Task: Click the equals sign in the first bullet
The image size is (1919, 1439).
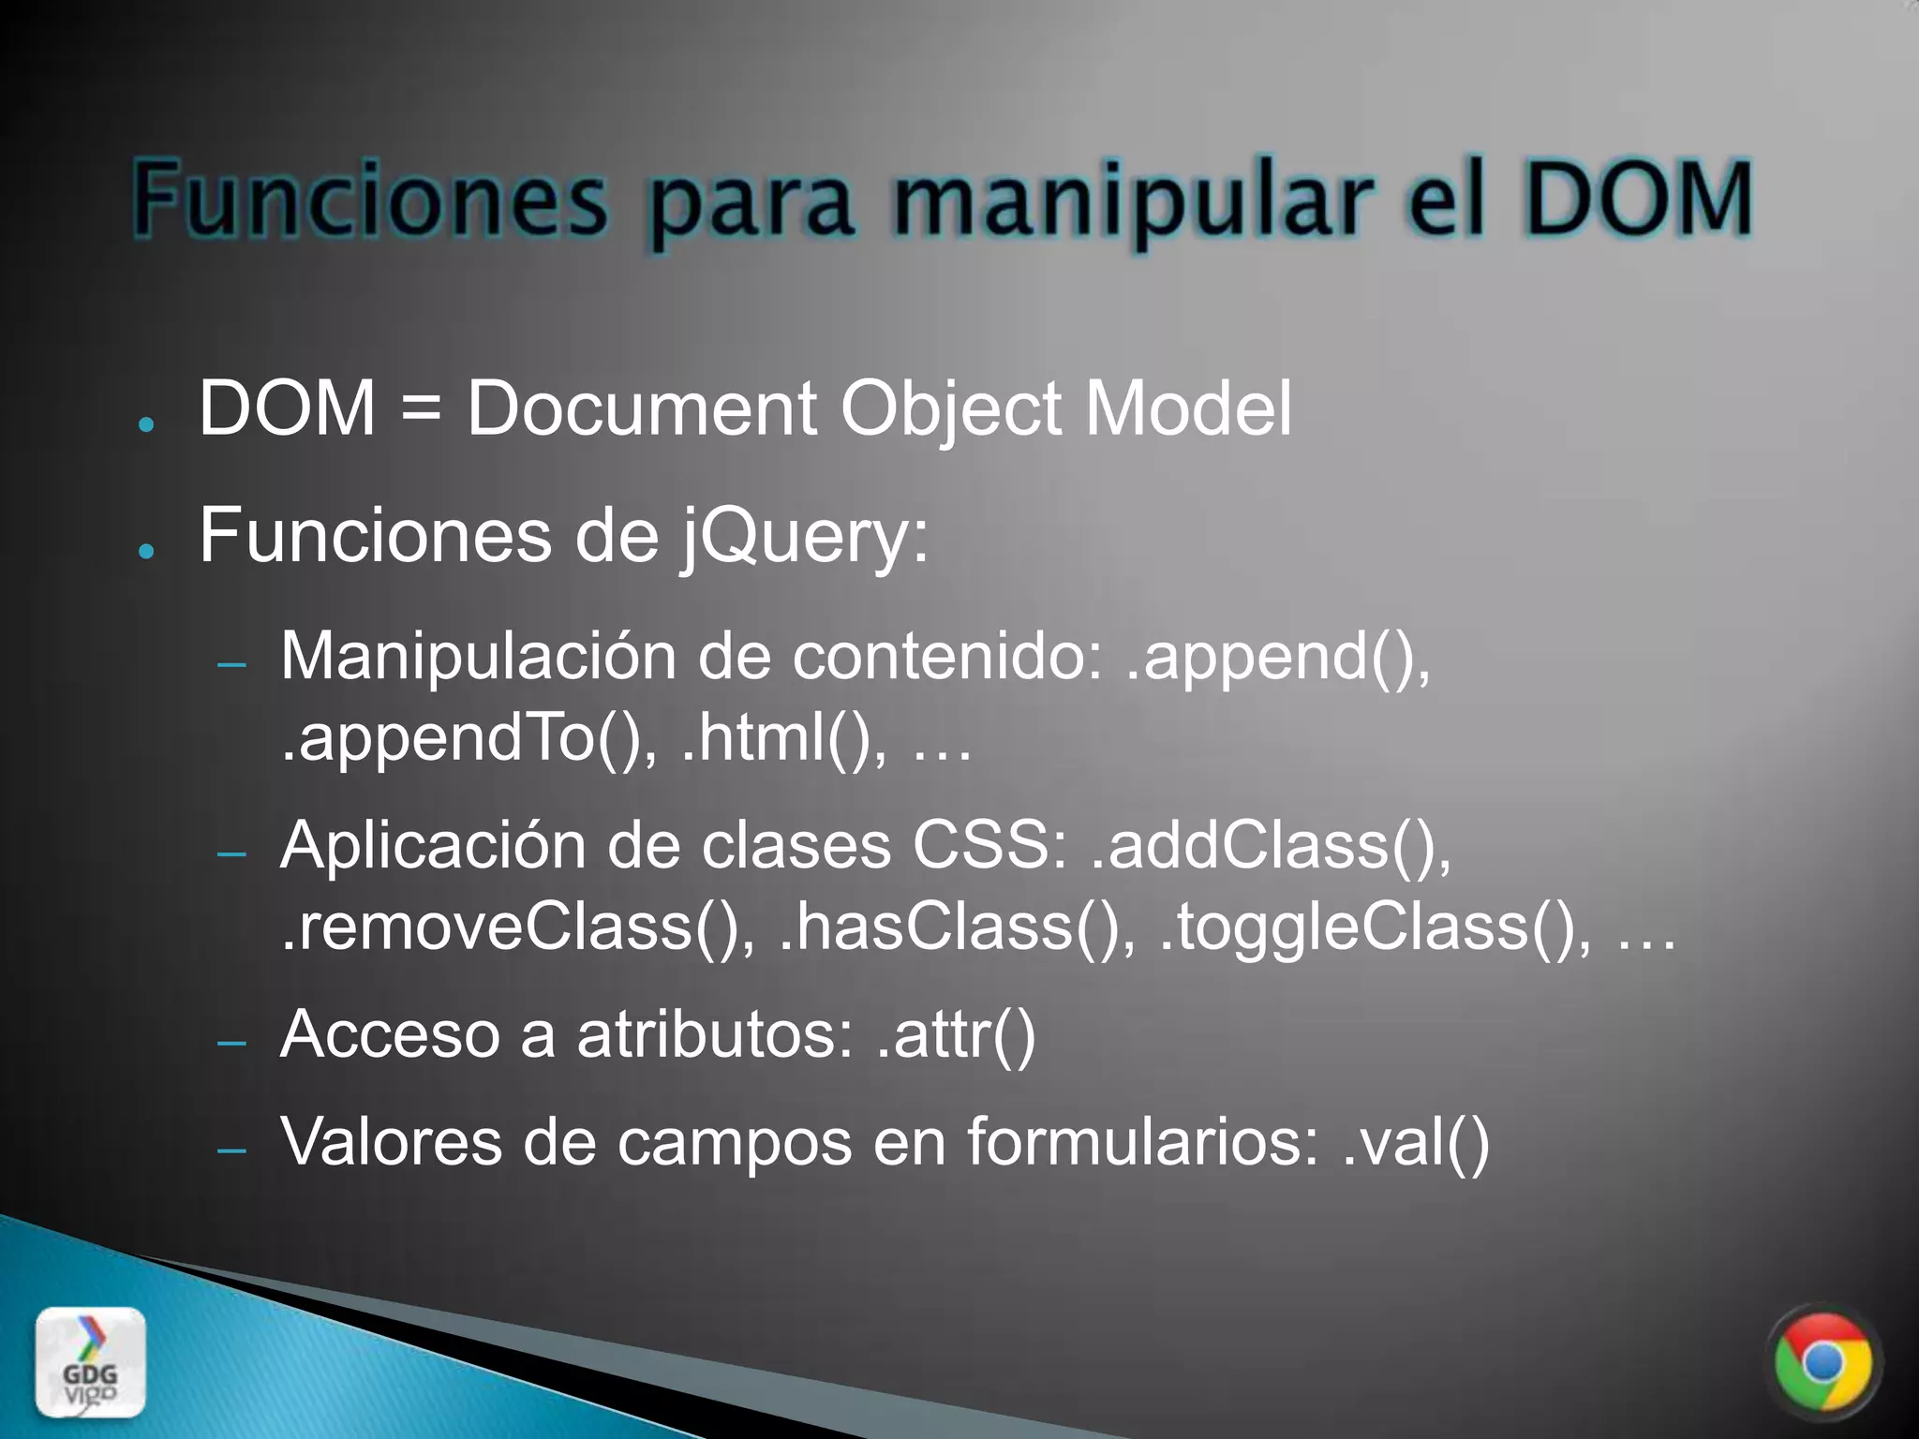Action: pos(421,409)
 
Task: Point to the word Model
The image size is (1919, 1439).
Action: pos(1188,409)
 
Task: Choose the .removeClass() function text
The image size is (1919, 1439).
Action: pos(518,927)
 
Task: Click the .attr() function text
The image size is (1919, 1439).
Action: pos(957,1035)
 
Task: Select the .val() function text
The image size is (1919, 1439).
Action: pos(1415,1143)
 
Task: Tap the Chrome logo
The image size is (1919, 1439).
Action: pos(1822,1364)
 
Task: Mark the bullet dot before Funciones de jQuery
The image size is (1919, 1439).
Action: pos(145,551)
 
